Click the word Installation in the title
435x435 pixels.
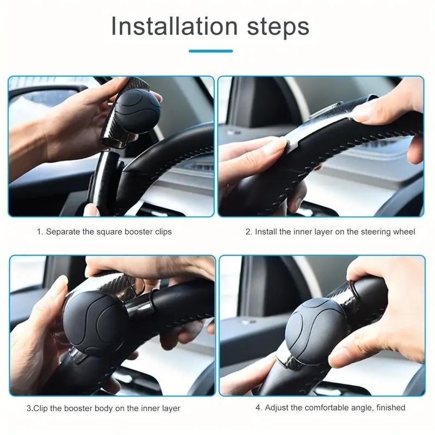[x=174, y=26]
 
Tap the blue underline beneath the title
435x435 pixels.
[x=210, y=51]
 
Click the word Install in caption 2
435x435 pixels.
[x=266, y=232]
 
